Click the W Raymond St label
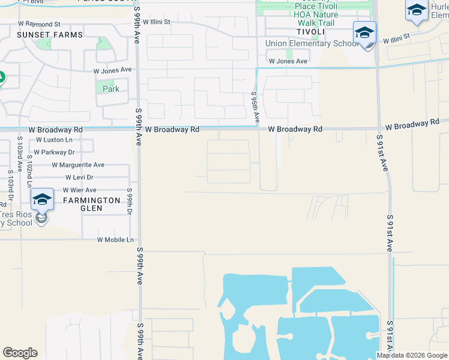coord(39,24)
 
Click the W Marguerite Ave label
coord(78,165)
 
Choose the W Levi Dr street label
coord(80,178)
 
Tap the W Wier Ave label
coord(80,190)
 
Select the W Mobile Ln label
coord(115,240)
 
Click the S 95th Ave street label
coord(255,107)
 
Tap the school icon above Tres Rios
coord(42,199)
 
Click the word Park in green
coord(111,89)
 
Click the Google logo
coord(20,353)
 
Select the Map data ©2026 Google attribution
coord(412,355)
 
